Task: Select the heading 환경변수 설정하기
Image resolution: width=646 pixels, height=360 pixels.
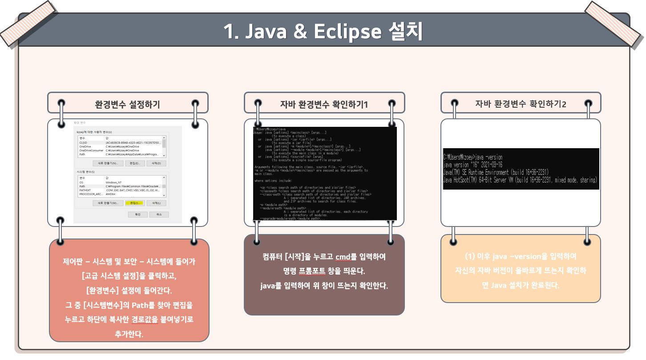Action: click(127, 105)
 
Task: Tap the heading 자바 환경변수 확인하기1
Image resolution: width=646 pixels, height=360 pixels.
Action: click(324, 105)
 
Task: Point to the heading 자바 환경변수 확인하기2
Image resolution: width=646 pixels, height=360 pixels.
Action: click(521, 104)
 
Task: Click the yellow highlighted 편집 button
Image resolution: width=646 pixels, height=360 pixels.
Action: click(134, 203)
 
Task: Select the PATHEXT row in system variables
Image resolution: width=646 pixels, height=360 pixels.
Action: click(85, 190)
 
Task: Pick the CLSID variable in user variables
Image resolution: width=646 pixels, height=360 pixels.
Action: click(84, 142)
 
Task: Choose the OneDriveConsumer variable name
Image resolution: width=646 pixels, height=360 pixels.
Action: click(91, 150)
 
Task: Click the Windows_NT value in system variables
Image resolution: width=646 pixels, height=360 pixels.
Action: click(114, 182)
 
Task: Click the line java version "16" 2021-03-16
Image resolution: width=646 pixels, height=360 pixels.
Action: click(472, 165)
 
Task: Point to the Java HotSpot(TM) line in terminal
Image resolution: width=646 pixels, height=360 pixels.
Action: click(520, 180)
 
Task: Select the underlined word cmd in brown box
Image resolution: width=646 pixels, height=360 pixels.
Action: click(343, 257)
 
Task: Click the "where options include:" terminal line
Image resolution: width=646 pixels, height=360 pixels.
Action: click(273, 181)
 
